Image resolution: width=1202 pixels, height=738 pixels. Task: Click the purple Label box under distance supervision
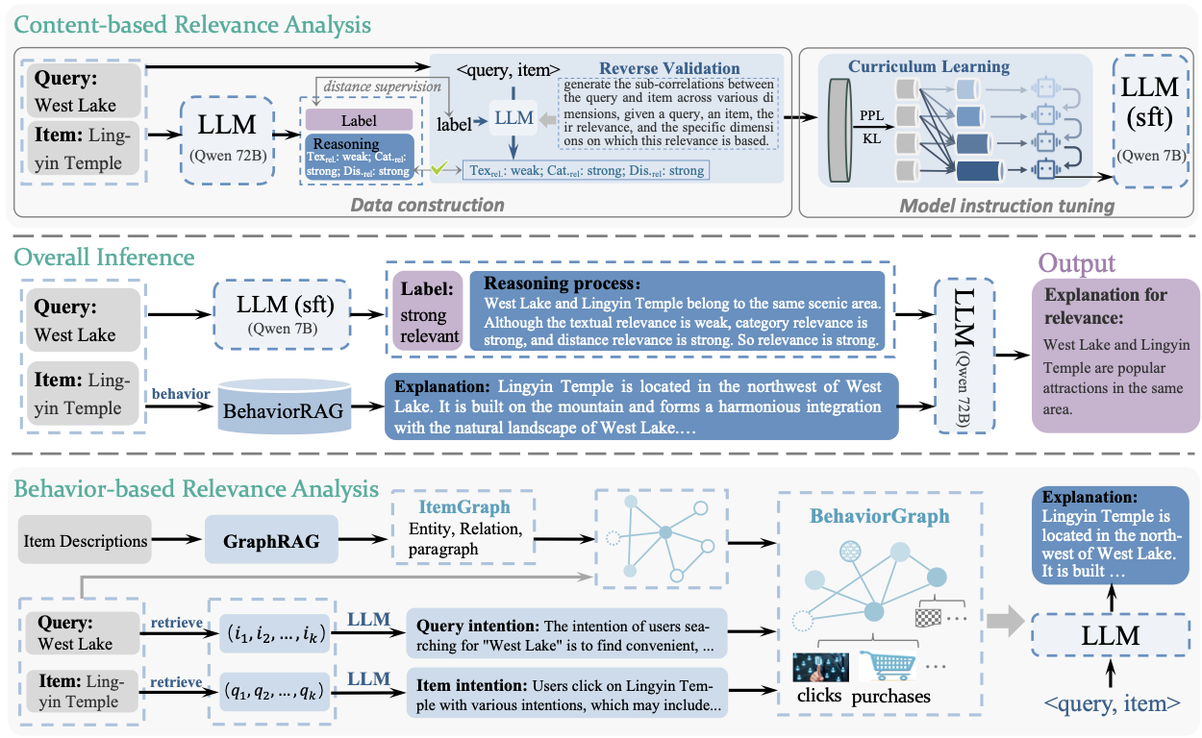pos(359,121)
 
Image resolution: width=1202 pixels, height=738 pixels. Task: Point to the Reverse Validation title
pos(669,69)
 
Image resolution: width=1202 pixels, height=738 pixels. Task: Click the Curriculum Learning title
pos(928,67)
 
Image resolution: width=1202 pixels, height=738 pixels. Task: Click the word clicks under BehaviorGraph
pos(819,696)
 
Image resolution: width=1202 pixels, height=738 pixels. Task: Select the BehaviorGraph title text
pos(879,516)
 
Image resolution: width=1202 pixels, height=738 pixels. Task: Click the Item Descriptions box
pos(86,540)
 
